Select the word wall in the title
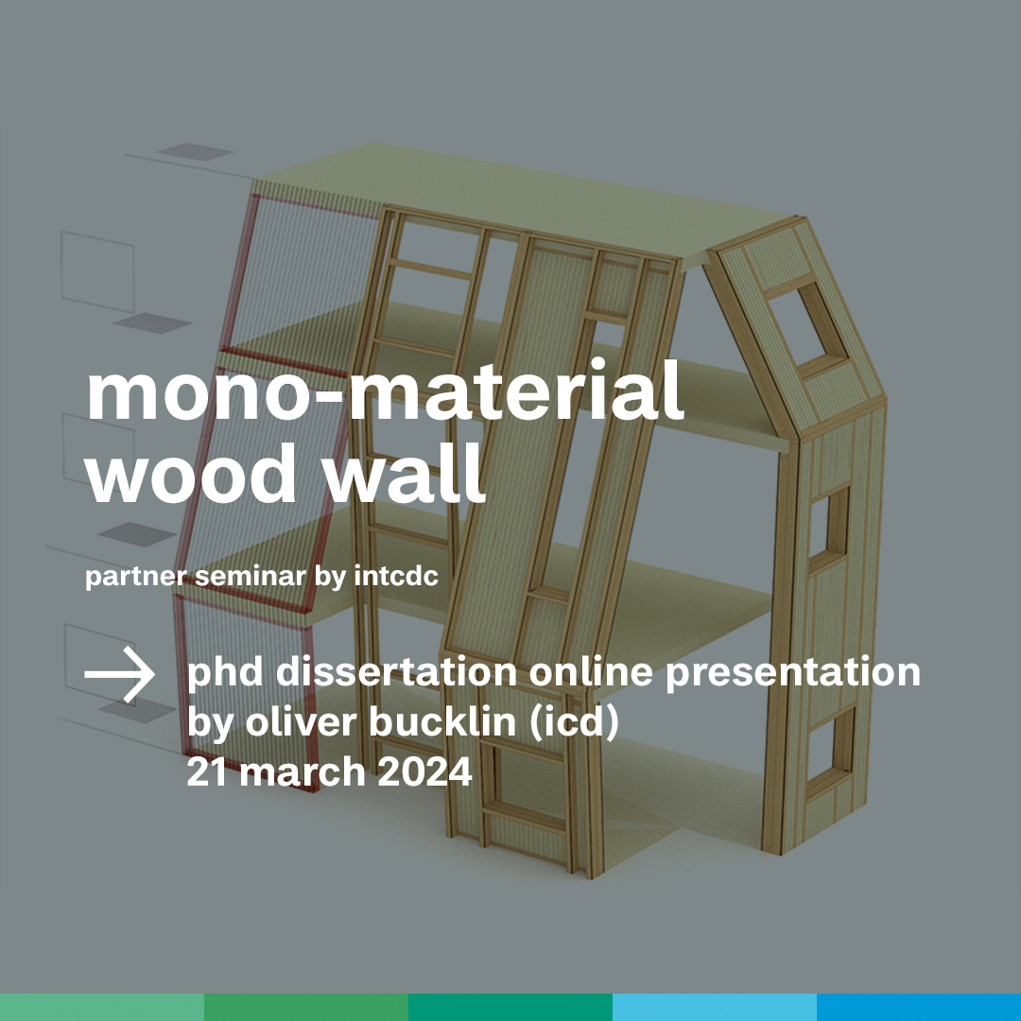(x=405, y=470)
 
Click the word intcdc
(x=396, y=576)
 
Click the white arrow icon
(x=119, y=674)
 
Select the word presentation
(x=792, y=673)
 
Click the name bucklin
(x=442, y=721)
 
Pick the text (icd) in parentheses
(x=573, y=723)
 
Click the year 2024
(x=424, y=771)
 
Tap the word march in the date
(x=303, y=771)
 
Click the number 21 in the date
(x=207, y=771)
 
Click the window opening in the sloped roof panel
(x=806, y=323)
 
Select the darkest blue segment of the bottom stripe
(x=919, y=1008)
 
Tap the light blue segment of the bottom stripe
(x=715, y=1008)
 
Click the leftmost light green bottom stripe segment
(x=102, y=1008)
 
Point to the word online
(x=591, y=671)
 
